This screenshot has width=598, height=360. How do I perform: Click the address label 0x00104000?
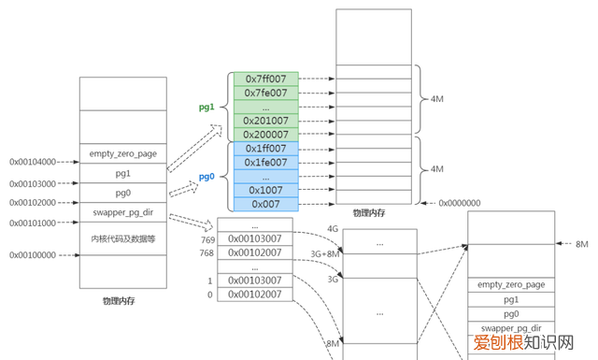coord(33,161)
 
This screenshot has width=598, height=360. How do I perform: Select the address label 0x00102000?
coord(33,202)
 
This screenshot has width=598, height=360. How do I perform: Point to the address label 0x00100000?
coord(33,254)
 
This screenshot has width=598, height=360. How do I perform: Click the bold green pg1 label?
coord(206,107)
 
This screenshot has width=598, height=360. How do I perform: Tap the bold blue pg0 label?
coord(206,176)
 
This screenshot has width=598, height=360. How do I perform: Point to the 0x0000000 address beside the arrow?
coord(459,203)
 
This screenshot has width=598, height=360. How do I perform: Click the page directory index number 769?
coord(206,238)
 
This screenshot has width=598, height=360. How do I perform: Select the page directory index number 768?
coord(206,252)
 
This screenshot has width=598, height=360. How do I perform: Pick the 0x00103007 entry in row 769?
coord(255,238)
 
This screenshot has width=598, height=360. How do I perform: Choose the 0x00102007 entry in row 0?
coord(255,295)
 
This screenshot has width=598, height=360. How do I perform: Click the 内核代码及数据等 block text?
coord(121,240)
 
